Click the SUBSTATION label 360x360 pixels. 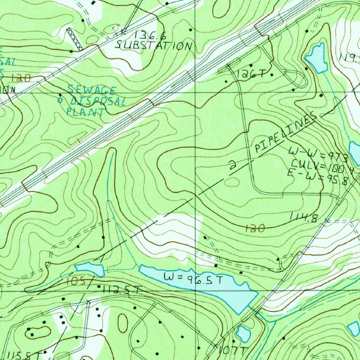pyautogui.click(x=154, y=46)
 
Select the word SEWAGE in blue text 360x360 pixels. pyautogui.click(x=92, y=90)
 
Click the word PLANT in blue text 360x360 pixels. pyautogui.click(x=86, y=112)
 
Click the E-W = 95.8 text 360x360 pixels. pyautogui.click(x=317, y=179)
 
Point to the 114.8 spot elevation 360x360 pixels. pyautogui.click(x=304, y=218)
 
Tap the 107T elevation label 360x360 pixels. pyautogui.click(x=233, y=350)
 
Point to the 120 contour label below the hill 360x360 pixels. pyautogui.click(x=255, y=229)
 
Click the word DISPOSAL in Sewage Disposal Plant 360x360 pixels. pyautogui.click(x=97, y=102)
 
